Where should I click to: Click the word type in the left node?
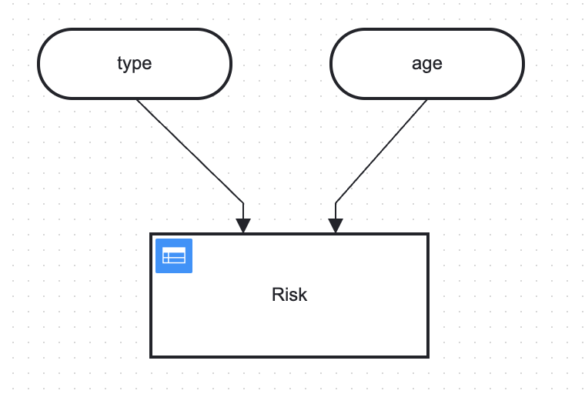tap(134, 63)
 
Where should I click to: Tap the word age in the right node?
tap(426, 64)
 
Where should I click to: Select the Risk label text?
tap(289, 295)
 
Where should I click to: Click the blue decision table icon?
tap(174, 256)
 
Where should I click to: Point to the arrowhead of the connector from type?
tap(243, 226)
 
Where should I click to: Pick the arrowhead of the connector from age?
tap(336, 226)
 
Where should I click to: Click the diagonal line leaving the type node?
tap(190, 151)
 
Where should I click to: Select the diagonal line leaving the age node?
tap(381, 151)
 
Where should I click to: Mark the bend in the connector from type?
tap(243, 203)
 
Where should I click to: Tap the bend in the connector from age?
tap(336, 203)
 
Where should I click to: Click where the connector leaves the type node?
tap(137, 99)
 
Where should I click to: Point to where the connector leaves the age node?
tap(426, 99)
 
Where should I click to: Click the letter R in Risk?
tap(278, 295)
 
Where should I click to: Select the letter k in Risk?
tap(303, 295)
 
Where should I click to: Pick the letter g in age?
tap(427, 66)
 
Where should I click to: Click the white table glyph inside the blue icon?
tap(174, 255)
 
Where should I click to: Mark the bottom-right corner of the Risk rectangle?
tap(428, 357)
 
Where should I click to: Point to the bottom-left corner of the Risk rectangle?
tap(151, 357)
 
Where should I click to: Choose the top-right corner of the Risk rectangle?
tap(428, 234)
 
